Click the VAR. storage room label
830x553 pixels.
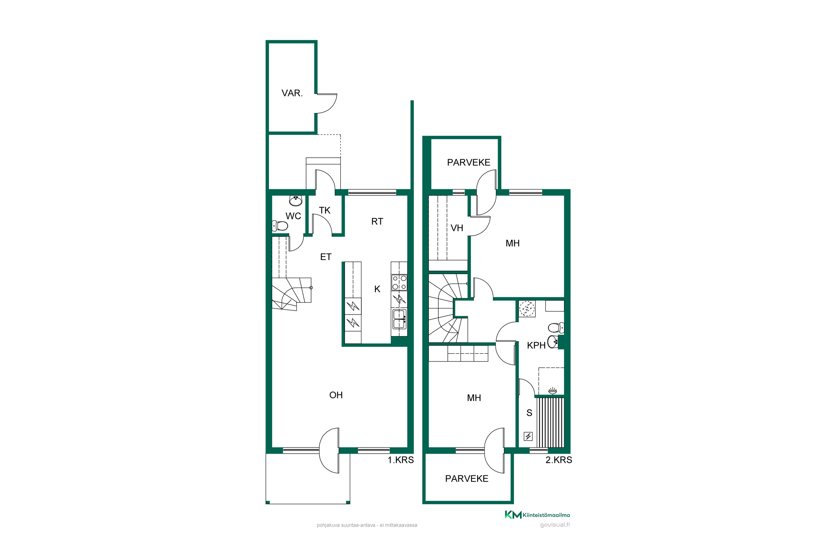[292, 93]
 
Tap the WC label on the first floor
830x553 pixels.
[293, 216]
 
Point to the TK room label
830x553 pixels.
[325, 210]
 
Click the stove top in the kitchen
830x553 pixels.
[400, 283]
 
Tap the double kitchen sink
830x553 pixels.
[400, 319]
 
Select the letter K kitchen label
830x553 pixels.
[377, 289]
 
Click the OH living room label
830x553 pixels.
[336, 395]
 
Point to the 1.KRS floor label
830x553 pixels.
[401, 460]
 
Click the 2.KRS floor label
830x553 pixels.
[559, 460]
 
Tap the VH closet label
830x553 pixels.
[457, 228]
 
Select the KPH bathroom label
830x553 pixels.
[536, 346]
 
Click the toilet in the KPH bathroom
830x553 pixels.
[556, 328]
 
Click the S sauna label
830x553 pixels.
[529, 413]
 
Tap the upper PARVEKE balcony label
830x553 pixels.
[469, 163]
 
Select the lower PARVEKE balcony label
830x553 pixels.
[467, 479]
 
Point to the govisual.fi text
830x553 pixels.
[555, 525]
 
